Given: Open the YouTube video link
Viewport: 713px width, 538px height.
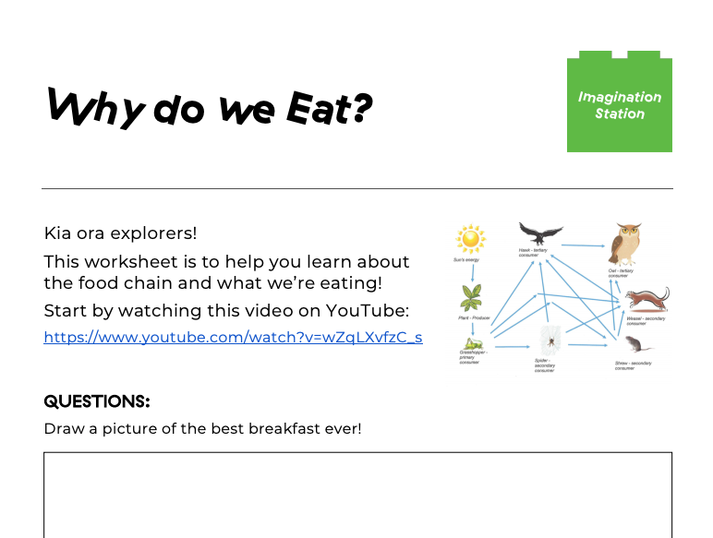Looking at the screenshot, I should pyautogui.click(x=233, y=337).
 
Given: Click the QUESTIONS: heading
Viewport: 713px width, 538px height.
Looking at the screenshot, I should pyautogui.click(x=97, y=401).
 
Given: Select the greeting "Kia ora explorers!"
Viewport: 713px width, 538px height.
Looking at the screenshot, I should pyautogui.click(x=120, y=233).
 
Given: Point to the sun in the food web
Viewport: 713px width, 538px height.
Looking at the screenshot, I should pyautogui.click(x=471, y=240).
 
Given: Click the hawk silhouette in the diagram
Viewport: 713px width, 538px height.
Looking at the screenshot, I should pyautogui.click(x=540, y=233).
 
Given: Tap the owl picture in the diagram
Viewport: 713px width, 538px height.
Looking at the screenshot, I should pyautogui.click(x=627, y=245).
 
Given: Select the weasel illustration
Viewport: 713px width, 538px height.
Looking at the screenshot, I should pyautogui.click(x=646, y=300).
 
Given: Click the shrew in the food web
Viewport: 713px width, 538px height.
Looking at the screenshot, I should pyautogui.click(x=636, y=345).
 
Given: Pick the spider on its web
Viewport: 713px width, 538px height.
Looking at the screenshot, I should pyautogui.click(x=551, y=340).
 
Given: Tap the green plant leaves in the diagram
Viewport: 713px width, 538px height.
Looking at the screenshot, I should pyautogui.click(x=472, y=297).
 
